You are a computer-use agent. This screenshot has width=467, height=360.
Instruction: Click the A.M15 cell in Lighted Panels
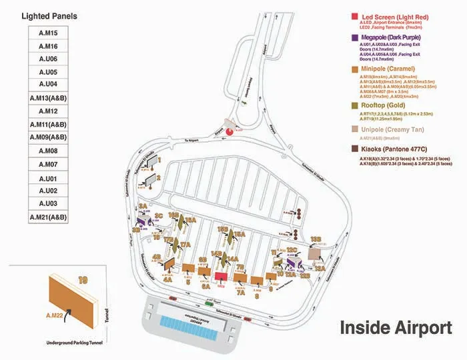48,33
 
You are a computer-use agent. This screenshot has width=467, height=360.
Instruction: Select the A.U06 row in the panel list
48,59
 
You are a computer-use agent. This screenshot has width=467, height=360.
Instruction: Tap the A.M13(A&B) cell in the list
48,98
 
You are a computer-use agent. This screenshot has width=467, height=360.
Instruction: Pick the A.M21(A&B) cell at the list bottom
48,217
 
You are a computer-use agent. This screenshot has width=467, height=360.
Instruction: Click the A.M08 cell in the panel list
48,151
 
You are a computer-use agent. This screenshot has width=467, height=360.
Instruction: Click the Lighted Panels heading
49,15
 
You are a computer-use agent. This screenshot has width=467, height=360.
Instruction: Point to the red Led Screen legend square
354,15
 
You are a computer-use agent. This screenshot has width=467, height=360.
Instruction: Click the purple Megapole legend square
354,37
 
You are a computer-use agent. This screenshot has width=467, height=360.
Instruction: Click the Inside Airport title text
396,328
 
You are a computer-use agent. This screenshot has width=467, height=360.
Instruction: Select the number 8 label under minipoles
258,289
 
